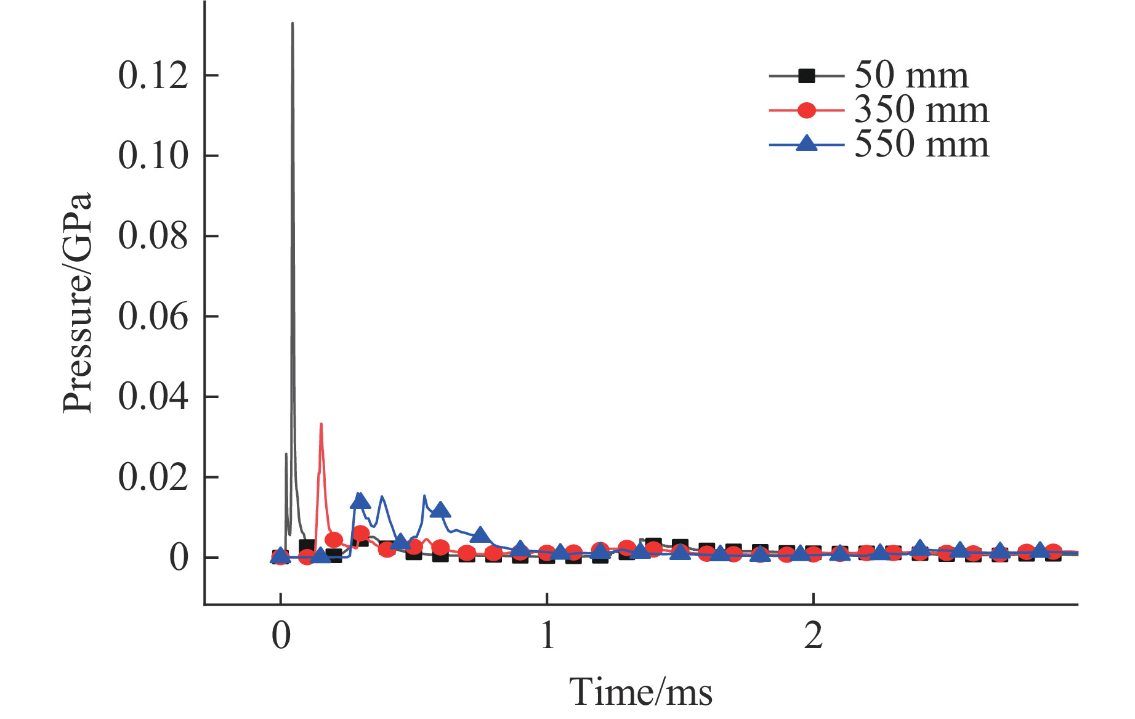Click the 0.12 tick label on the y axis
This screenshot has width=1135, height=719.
coord(153,76)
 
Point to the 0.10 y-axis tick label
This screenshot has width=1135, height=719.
coord(153,156)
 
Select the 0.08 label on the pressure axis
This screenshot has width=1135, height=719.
coord(153,236)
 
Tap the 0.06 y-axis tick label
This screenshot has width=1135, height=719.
coord(153,317)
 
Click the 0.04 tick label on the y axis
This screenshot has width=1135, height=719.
coord(153,397)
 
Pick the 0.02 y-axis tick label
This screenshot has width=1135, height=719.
coord(153,477)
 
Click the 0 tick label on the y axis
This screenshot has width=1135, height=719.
coord(179,558)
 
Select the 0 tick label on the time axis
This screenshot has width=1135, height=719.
coord(281,636)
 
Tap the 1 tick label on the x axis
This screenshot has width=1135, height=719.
coord(547,636)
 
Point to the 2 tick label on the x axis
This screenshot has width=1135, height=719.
coord(814,636)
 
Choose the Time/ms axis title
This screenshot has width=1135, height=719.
coord(640,692)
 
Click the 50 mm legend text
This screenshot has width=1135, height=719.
coord(911,76)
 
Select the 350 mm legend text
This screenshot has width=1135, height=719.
coord(921,110)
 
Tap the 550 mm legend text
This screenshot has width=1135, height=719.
coord(921,145)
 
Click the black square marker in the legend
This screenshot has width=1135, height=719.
coord(806,76)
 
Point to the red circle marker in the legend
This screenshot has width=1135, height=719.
coord(806,110)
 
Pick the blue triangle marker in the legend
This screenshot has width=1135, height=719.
coord(806,144)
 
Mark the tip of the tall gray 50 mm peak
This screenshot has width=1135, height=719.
coord(293,23)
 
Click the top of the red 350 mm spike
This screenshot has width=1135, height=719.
coord(321,424)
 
